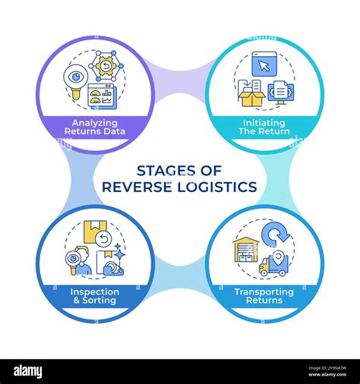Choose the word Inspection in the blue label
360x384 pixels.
coord(96,290)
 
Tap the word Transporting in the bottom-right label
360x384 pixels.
coord(264,290)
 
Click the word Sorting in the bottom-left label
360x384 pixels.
coord(100,301)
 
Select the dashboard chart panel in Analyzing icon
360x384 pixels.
coord(103,95)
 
